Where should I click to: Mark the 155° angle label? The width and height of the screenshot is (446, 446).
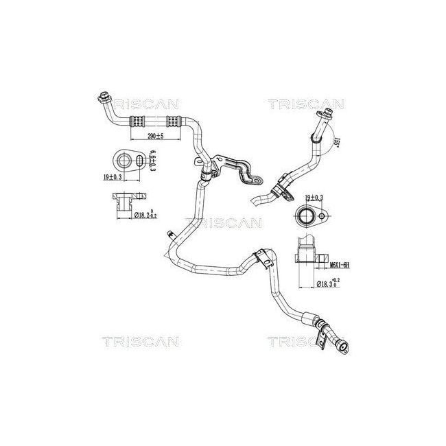337,141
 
